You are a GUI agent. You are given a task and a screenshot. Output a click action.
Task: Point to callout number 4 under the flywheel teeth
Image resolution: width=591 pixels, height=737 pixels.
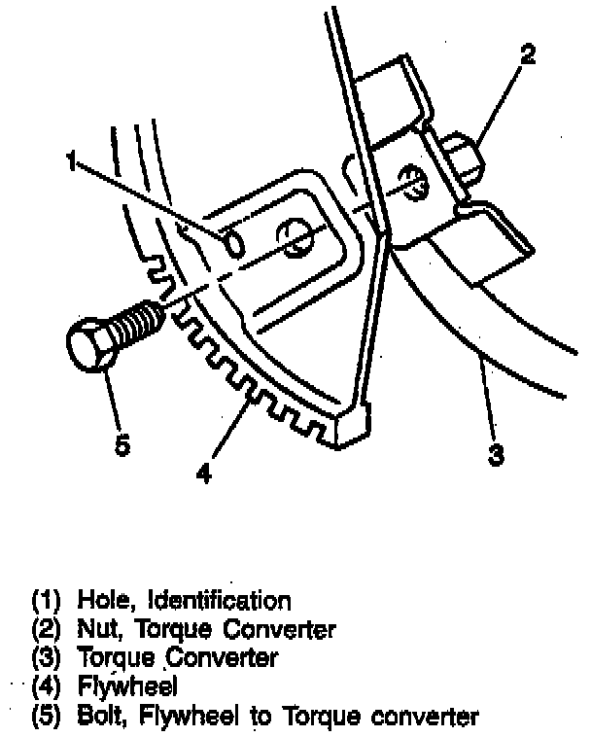[202, 474]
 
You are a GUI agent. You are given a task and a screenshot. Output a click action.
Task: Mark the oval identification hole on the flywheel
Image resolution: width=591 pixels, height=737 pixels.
[234, 241]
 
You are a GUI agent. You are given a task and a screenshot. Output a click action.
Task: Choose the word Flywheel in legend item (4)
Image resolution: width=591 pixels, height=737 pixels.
[126, 687]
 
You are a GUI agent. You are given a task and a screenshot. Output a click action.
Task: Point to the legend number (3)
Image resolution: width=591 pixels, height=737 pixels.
[50, 658]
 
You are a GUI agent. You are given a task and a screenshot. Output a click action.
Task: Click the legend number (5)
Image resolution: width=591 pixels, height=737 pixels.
[50, 718]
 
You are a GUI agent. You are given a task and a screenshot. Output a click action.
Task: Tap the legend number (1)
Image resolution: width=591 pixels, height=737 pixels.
[50, 599]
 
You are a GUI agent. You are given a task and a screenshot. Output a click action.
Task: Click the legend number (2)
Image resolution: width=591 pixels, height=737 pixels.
[50, 628]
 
